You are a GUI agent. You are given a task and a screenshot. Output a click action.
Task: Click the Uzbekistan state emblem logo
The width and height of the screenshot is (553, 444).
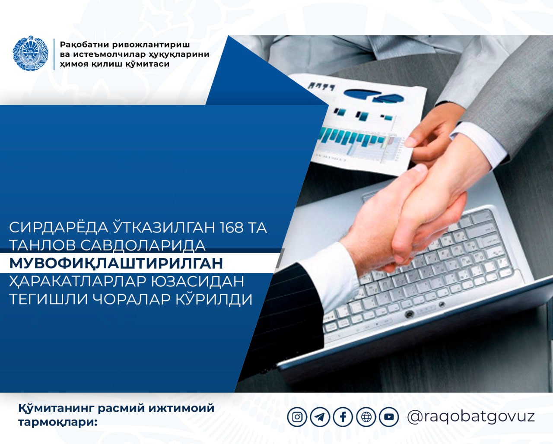point(31,53)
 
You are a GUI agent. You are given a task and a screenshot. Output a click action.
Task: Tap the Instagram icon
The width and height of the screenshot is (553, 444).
point(297,417)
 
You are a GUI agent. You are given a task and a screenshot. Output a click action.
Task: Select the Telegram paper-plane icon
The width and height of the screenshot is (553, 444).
point(320,417)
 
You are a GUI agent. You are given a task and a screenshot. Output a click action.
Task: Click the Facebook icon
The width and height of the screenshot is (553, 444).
point(343,417)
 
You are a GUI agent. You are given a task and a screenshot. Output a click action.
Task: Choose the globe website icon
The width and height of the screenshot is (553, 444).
point(366,417)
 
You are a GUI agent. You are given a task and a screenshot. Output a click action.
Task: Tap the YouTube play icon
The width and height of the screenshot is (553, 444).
point(389,417)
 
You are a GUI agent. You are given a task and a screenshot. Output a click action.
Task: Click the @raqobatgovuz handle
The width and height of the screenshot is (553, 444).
point(471,417)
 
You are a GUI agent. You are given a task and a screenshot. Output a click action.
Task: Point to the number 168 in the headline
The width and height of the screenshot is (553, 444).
point(232,228)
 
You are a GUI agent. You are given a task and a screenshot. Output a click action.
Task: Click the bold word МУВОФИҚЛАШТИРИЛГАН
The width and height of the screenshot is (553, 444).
point(116,263)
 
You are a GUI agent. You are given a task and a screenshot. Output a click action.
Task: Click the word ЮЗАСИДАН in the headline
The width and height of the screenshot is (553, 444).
point(197,281)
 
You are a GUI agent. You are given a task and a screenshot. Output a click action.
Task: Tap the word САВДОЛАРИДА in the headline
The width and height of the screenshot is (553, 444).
point(143,245)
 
